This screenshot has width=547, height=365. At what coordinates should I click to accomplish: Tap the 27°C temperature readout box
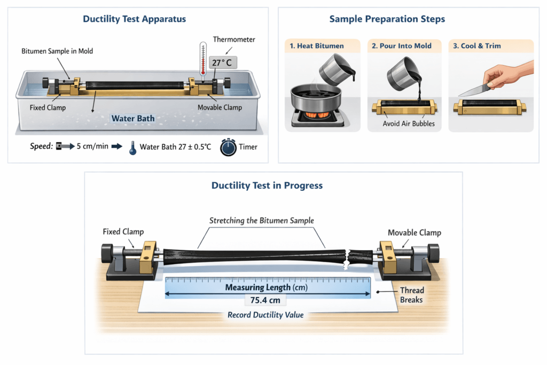[x=223, y=63]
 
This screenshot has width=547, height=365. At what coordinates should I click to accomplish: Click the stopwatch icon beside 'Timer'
[x=228, y=147]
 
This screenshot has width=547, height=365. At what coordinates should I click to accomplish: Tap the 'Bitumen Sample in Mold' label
[x=58, y=51]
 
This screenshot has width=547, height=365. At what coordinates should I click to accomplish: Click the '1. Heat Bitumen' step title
[x=316, y=46]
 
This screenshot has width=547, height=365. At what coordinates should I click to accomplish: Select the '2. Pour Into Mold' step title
[x=401, y=46]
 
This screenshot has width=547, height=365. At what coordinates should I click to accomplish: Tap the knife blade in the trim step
[x=473, y=90]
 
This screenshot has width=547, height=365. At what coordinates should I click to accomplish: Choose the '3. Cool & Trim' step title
[x=478, y=46]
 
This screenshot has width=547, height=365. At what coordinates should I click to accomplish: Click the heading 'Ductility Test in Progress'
[x=267, y=186]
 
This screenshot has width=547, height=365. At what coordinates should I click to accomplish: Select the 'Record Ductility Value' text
[x=265, y=315]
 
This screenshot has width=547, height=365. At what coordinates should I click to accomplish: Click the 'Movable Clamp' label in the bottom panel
[x=415, y=233]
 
